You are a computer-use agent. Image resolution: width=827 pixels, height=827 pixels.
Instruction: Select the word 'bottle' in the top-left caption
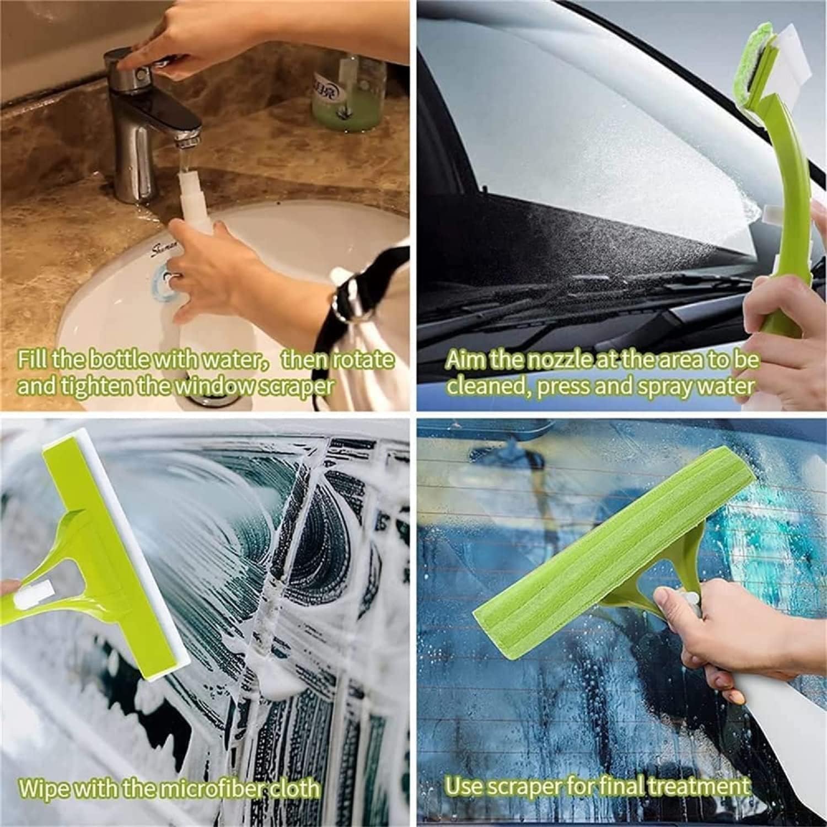(119, 360)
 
